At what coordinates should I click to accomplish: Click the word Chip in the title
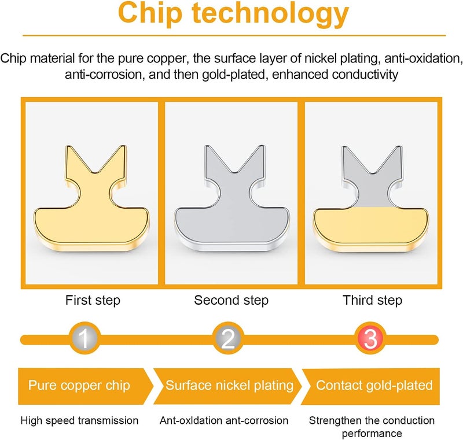point(150,13)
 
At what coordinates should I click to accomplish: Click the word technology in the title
point(270,13)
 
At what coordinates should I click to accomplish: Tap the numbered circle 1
point(84,338)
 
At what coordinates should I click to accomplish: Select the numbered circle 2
point(227,338)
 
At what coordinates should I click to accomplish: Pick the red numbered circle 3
point(370,338)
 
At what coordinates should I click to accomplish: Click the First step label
point(93,301)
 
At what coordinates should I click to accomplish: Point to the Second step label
point(231,301)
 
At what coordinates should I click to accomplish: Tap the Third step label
point(372,301)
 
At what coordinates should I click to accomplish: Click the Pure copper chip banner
point(86,386)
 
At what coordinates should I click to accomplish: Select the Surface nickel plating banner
point(227,386)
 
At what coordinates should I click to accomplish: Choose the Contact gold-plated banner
point(371,386)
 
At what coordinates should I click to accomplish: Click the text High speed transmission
point(79,420)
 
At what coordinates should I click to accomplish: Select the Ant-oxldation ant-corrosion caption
point(224,420)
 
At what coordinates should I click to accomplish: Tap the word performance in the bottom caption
point(372,434)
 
